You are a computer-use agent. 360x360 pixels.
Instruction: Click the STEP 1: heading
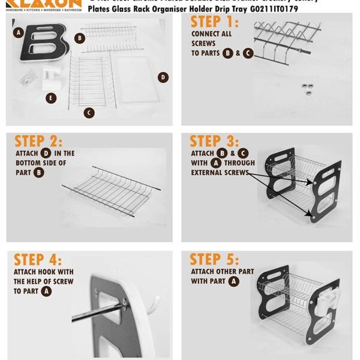tap(214, 23)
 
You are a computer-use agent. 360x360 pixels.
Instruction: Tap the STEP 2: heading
tap(38, 141)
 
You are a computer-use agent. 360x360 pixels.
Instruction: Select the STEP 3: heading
tap(214, 141)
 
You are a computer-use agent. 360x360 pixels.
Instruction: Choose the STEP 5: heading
tap(214, 260)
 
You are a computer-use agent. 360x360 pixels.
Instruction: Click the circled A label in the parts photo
tap(19, 32)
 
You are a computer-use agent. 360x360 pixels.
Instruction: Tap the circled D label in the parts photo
tap(163, 77)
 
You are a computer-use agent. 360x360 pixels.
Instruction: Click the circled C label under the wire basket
tap(89, 112)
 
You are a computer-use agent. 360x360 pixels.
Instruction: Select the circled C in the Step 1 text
tap(248, 53)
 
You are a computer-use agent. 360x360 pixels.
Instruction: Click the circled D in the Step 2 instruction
tap(46, 154)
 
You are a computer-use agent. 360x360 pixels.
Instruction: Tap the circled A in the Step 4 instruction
tap(46, 291)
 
